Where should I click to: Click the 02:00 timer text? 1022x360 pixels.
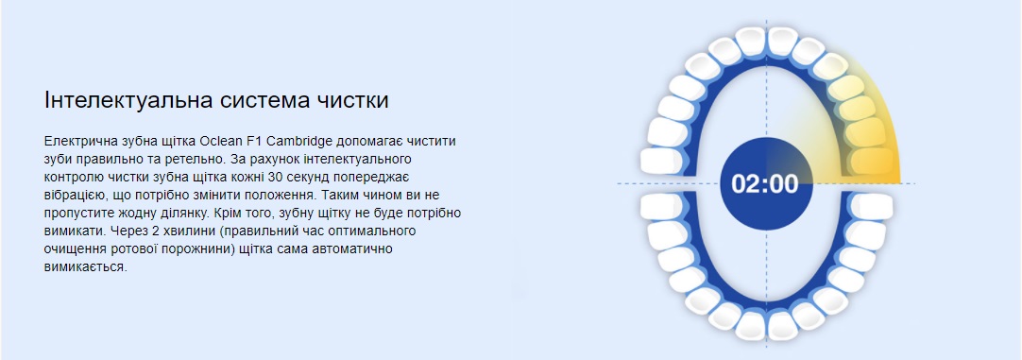(764, 184)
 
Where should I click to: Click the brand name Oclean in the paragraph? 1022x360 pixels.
(221, 141)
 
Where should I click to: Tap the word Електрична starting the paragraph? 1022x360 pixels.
(76, 141)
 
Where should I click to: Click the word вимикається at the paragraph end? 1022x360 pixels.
(84, 267)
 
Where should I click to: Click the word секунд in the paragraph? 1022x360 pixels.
(310, 178)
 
